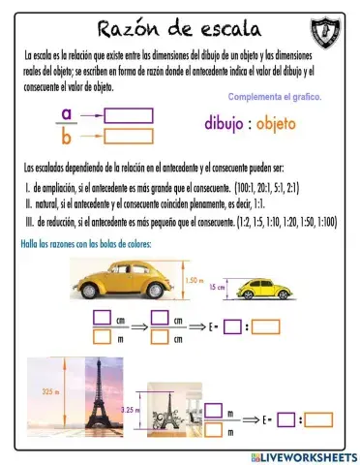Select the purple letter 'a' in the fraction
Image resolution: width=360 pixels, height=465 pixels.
pyautogui.click(x=66, y=113)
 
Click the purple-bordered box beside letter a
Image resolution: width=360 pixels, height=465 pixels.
pyautogui.click(x=128, y=115)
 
